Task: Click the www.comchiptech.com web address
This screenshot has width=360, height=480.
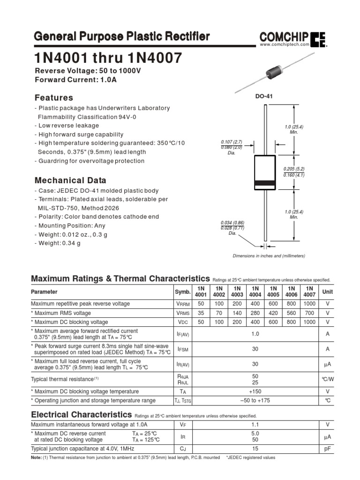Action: pos(285,44)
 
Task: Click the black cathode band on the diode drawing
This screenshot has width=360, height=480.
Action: pos(265,183)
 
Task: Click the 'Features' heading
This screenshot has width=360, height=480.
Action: pos(54,98)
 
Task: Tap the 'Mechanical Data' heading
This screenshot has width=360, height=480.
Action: pos(70,180)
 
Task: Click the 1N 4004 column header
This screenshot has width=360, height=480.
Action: pos(255,292)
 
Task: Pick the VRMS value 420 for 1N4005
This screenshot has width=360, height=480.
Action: pos(273,313)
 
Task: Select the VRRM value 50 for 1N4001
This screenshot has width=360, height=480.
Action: pos(201,304)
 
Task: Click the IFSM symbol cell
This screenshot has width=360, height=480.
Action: pos(182,349)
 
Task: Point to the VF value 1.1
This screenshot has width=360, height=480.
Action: pos(255,424)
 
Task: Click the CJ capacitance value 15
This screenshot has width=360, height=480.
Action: pos(255,448)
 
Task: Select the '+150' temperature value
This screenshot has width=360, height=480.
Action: pos(255,391)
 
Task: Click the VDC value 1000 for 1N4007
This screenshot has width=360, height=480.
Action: pos(309,322)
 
